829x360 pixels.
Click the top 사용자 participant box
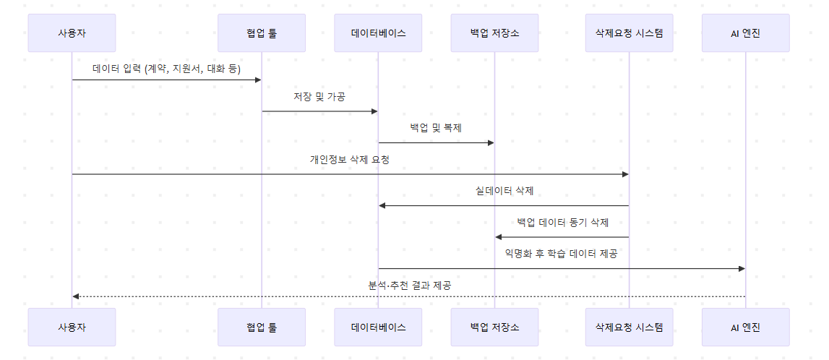coord(72,33)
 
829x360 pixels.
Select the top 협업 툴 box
coord(261,33)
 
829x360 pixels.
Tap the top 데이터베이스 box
coord(378,33)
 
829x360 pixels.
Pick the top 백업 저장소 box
coord(494,33)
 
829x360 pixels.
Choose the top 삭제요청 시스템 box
coord(629,33)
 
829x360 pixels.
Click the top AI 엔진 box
coord(745,33)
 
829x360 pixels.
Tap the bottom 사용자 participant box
coord(72,327)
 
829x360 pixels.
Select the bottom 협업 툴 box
coord(261,327)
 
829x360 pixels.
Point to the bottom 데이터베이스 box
coord(378,327)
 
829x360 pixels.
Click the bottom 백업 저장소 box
coord(494,327)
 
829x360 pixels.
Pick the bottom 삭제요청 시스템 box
coord(629,327)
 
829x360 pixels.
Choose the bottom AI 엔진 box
coord(745,327)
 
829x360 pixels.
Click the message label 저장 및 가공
coord(319,97)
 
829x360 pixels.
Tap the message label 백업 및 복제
coord(436,128)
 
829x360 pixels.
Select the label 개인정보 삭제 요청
coord(350,160)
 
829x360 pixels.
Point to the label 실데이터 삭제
coord(504,191)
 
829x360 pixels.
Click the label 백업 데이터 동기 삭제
coord(562,223)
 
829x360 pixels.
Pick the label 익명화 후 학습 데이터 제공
coord(562,254)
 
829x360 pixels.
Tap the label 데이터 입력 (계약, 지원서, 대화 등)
coord(166,69)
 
